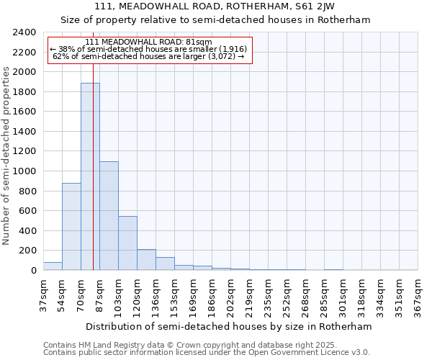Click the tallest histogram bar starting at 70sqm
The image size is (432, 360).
(x=90, y=176)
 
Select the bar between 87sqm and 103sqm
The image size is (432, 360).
(x=109, y=216)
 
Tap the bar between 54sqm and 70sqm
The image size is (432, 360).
(x=71, y=227)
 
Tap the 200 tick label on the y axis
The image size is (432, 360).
(x=27, y=251)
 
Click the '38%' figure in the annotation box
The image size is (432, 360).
(x=67, y=49)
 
